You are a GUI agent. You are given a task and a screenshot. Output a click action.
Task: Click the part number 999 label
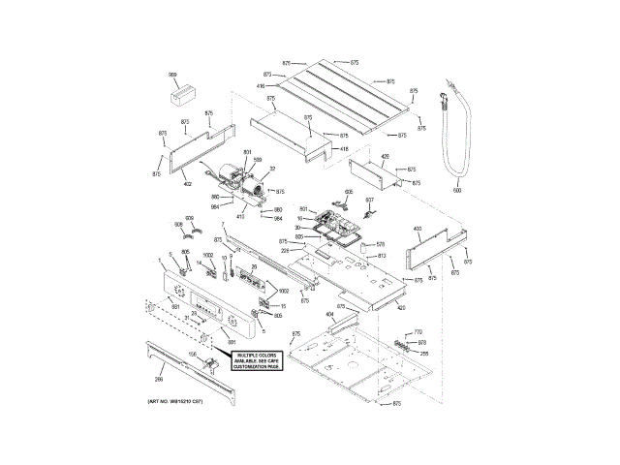tap(173, 75)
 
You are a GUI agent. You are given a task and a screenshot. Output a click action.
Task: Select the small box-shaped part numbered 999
tap(180, 95)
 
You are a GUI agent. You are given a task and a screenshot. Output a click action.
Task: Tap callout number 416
tap(261, 86)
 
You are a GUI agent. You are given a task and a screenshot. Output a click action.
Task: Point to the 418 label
tap(343, 149)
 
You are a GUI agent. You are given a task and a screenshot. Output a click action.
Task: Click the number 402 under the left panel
tap(187, 184)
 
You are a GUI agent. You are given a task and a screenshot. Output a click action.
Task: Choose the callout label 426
tap(385, 156)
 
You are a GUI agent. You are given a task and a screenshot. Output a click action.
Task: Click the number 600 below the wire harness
tap(457, 191)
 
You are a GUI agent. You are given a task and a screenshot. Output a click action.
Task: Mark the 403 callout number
tap(418, 229)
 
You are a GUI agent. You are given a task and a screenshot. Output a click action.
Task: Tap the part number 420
tap(400, 308)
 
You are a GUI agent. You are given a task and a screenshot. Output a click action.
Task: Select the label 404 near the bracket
tap(328, 316)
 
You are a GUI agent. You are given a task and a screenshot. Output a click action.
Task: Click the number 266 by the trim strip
tap(159, 379)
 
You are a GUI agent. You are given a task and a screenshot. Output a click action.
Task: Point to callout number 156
tap(192, 355)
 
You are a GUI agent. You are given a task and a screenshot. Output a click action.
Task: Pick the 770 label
tap(418, 332)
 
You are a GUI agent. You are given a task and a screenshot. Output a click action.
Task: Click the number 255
tap(423, 353)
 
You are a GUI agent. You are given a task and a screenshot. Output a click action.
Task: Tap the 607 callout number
tap(369, 200)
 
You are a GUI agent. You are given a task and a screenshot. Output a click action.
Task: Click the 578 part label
tap(381, 244)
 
